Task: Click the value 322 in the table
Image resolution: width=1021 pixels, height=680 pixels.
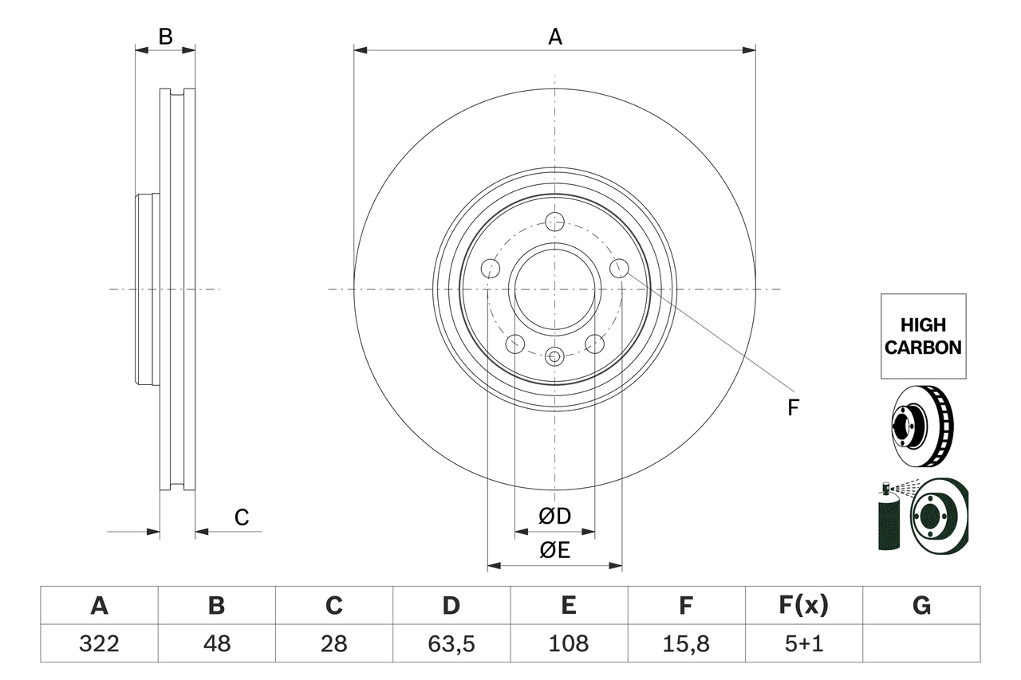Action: pos(99,643)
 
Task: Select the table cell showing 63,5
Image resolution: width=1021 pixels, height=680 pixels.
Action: pos(451,643)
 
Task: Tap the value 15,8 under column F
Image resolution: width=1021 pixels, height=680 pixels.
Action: pos(686,643)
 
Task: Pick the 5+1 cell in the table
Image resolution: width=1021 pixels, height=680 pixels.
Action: pos(803,643)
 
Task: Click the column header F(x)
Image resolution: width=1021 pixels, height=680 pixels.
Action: pos(803,606)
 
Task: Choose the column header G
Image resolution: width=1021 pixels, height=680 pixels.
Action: pos(921,606)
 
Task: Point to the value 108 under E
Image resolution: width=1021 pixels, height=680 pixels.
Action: pos(569,643)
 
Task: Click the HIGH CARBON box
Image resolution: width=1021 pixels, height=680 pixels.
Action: pos(923,336)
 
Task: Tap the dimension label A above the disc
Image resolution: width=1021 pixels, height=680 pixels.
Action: pos(554,37)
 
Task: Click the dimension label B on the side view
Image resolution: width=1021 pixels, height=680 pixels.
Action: pos(165,37)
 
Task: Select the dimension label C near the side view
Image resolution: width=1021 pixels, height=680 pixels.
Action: pos(242,517)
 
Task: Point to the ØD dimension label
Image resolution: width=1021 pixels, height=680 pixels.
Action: pos(554,517)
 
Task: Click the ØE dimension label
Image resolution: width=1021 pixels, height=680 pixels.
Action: pos(554,550)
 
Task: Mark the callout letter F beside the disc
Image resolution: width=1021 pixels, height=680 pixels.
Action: pos(792,408)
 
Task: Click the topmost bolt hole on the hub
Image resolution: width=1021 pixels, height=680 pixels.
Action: pos(554,222)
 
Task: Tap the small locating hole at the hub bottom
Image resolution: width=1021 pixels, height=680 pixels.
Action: pos(554,356)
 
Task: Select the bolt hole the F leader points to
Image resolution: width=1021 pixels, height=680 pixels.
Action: pos(620,269)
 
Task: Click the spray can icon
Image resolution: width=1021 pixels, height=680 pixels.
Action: pos(888,518)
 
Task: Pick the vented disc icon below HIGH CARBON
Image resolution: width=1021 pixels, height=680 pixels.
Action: pos(921,427)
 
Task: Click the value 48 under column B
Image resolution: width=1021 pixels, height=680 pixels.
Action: pos(216,643)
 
